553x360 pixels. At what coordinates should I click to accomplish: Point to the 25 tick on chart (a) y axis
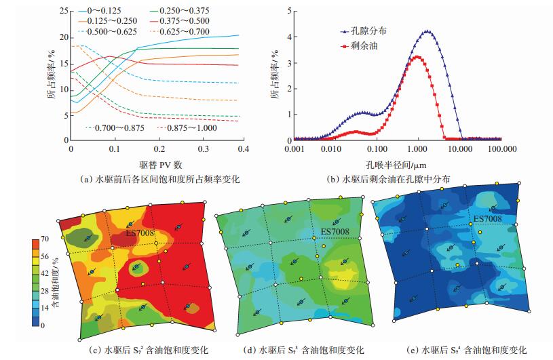63,11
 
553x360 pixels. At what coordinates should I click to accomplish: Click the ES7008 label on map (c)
140,233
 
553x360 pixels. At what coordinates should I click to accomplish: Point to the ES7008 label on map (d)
335,232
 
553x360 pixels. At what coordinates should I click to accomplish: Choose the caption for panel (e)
466,351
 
